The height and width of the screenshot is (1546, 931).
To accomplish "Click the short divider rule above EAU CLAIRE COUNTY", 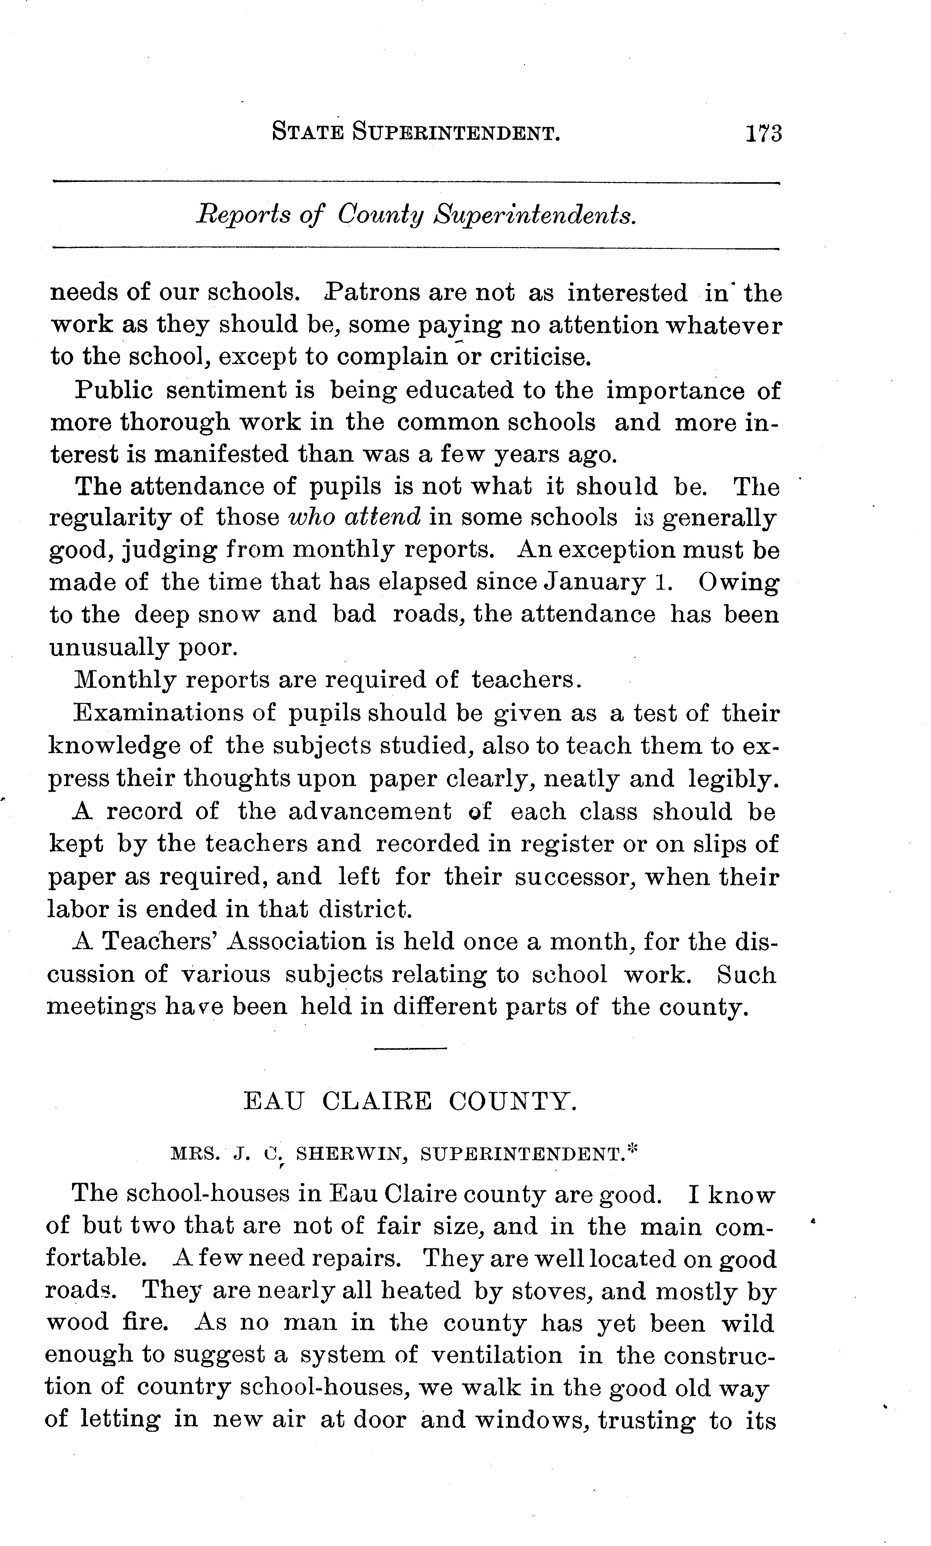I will tap(410, 1049).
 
